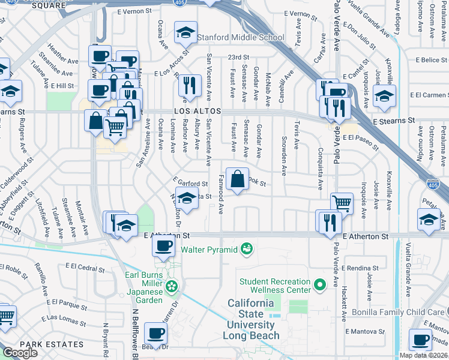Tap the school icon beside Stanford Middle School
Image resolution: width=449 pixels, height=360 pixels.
click(186, 33)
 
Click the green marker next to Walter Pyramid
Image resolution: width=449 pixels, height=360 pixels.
click(245, 248)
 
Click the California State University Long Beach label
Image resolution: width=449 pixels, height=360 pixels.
click(253, 325)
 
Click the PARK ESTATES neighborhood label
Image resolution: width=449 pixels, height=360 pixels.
click(52, 344)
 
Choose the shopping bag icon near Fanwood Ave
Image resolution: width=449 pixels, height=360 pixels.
click(237, 179)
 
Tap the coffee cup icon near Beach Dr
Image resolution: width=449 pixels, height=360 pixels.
click(155, 333)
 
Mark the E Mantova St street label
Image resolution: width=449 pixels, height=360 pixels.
click(364, 331)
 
